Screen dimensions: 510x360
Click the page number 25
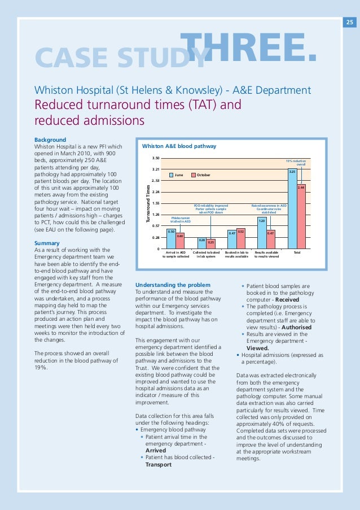tap(349, 23)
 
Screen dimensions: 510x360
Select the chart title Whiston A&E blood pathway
tap(178, 146)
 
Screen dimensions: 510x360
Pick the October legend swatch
tap(193, 175)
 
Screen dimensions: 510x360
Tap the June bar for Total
tap(292, 208)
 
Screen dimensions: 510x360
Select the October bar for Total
tap(301, 216)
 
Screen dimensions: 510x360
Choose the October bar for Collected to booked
tap(210, 244)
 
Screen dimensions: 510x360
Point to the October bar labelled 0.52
tap(240, 238)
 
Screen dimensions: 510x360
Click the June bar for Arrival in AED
tap(172, 239)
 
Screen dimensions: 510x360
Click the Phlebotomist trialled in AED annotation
tap(181, 218)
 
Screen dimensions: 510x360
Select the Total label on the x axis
tap(297, 252)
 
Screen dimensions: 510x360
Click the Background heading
tap(50, 140)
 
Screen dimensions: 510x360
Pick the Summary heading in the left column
tap(47, 243)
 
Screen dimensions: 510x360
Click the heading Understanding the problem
tap(173, 284)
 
